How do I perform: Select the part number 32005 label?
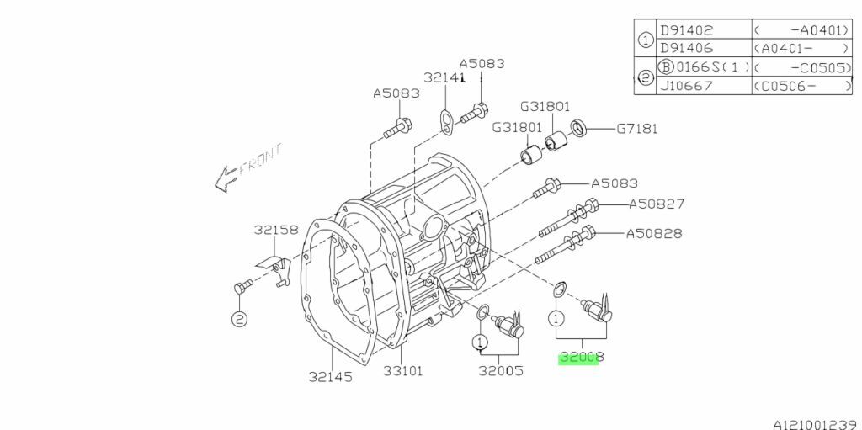click(x=500, y=371)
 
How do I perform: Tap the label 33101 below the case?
click(x=403, y=371)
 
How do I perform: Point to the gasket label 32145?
click(x=330, y=377)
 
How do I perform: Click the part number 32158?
click(x=276, y=230)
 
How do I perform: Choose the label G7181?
click(x=636, y=130)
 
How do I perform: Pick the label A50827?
click(x=657, y=204)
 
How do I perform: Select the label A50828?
click(x=654, y=234)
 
